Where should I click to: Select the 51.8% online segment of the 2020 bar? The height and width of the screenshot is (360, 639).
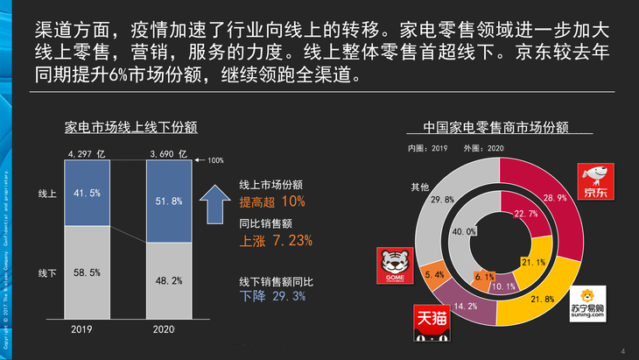tap(168, 202)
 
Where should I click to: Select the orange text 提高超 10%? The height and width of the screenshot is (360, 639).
tap(272, 201)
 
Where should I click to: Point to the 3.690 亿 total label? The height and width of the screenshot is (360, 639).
tap(168, 154)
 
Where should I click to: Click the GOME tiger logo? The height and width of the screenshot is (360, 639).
tap(391, 264)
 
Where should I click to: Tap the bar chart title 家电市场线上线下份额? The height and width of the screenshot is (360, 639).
tap(130, 126)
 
